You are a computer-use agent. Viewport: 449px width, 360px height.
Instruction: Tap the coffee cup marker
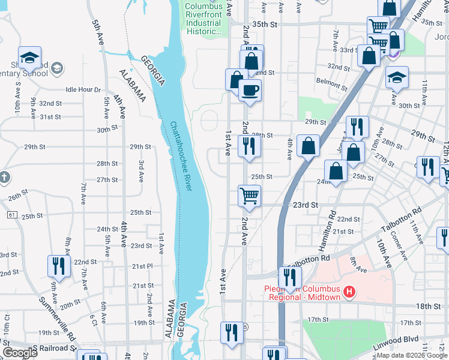(x=250, y=91)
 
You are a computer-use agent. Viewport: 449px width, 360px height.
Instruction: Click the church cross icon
(x=4, y=178)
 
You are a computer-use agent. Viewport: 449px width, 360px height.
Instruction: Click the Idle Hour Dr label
(x=83, y=89)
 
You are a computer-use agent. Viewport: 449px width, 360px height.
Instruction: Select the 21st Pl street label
(x=143, y=266)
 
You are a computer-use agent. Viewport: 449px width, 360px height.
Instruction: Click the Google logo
(x=20, y=353)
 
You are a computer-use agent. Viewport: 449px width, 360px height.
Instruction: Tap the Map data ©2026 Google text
(x=411, y=355)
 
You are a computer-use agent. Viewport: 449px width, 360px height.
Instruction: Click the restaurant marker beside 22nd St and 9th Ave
(x=58, y=266)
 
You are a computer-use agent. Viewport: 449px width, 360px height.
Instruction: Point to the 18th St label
(x=428, y=306)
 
